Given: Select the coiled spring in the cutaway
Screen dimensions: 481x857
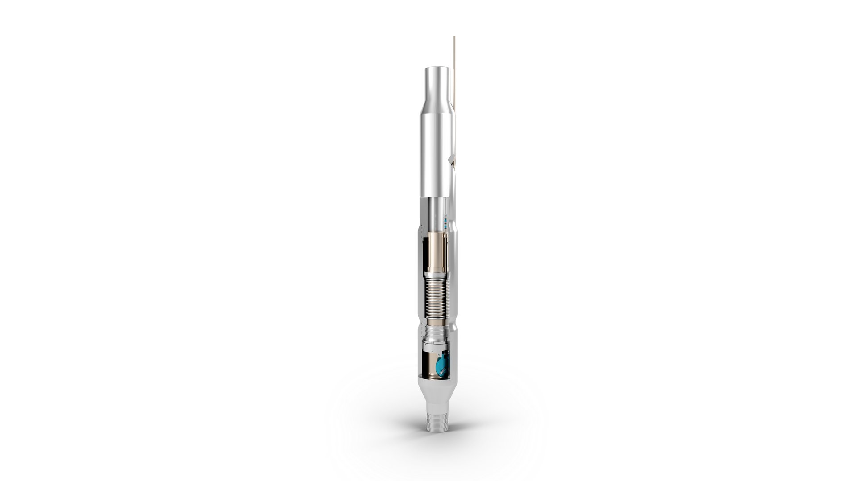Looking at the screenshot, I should click(435, 296).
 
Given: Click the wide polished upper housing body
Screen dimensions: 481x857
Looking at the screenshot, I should click(435, 156).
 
